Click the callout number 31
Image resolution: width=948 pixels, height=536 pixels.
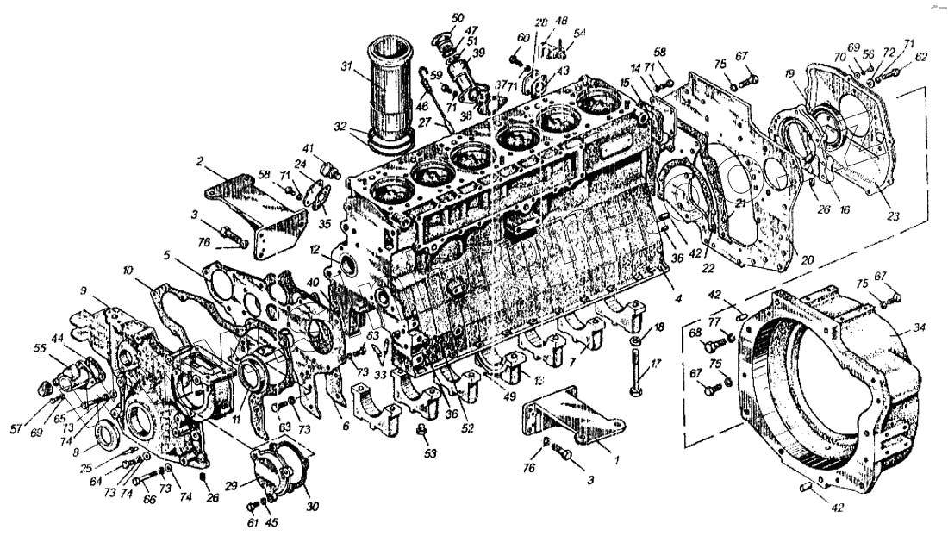[x=346, y=66]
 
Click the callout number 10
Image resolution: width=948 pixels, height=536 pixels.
[x=128, y=271]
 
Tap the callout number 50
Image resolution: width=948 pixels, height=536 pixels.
[x=457, y=16]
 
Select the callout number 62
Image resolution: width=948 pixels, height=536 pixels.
[x=922, y=57]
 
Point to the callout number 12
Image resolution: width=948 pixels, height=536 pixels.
[x=316, y=251]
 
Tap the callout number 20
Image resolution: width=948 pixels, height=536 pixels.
[x=808, y=259]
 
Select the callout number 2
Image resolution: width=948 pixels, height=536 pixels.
[x=199, y=160]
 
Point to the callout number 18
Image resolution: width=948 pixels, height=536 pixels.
[x=659, y=327]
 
